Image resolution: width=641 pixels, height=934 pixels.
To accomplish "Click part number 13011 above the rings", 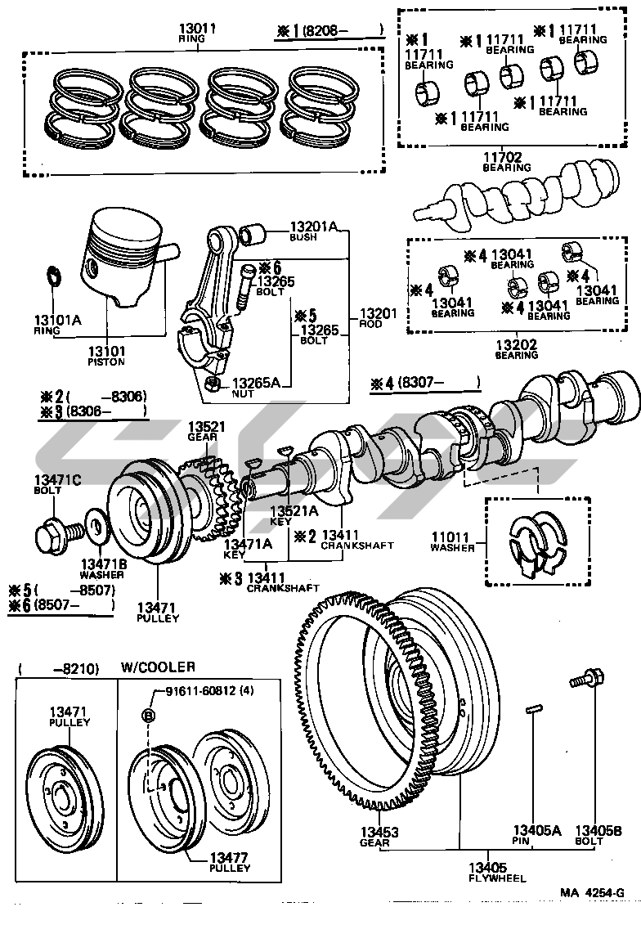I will pos(197,29).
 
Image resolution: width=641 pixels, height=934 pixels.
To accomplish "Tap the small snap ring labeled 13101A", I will pos(51,277).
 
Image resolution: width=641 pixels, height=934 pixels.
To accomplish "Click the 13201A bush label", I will pos(314,227).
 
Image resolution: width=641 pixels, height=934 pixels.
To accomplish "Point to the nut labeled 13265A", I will pos(212,383).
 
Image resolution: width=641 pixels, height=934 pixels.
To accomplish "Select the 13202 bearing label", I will pos(517,345).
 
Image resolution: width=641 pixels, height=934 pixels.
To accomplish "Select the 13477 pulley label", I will pos(229,856).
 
